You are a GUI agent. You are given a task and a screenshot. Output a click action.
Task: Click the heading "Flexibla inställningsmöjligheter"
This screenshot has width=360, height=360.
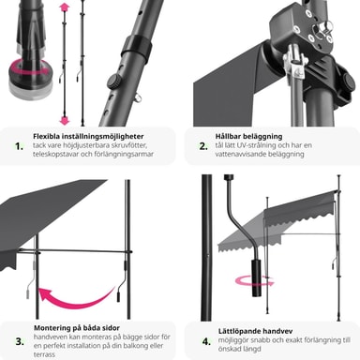[88, 137]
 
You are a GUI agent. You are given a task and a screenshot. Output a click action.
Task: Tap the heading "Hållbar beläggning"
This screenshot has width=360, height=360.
[248, 137]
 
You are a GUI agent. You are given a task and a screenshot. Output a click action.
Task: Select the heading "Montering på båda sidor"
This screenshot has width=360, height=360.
[77, 328]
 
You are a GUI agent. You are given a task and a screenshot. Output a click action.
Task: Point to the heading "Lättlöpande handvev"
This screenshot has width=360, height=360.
[256, 331]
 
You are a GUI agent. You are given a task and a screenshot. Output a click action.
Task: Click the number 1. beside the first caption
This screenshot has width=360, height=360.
[20, 146]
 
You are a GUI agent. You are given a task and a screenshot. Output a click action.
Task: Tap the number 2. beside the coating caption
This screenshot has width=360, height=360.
[203, 146]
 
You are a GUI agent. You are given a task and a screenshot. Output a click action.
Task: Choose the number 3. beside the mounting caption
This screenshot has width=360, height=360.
[20, 341]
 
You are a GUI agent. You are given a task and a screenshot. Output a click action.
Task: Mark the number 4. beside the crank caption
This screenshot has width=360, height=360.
[206, 341]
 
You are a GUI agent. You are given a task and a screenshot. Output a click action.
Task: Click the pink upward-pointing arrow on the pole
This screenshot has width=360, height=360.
[64, 7]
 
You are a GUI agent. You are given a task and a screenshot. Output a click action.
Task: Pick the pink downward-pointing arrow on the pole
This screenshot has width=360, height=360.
[65, 120]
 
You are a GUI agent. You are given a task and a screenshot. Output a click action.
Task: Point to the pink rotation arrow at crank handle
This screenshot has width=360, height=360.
[255, 281]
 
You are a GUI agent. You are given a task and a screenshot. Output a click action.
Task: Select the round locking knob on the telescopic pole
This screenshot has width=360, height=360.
[114, 82]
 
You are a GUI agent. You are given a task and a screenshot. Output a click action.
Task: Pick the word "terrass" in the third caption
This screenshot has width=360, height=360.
[44, 354]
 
